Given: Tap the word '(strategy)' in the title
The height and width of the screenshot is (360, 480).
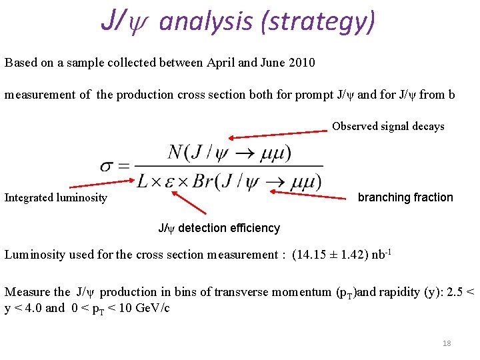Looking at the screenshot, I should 318,21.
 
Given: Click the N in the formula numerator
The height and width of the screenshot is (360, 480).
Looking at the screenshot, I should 176,151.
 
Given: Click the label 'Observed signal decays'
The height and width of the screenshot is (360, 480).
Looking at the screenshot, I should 388,126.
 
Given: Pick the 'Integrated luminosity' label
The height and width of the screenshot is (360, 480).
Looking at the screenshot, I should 56,197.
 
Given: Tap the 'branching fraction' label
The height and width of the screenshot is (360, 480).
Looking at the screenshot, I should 405,197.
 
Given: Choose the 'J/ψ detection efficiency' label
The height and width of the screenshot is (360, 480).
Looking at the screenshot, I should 219,228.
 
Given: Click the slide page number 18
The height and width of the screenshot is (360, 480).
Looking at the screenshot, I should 447,343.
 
